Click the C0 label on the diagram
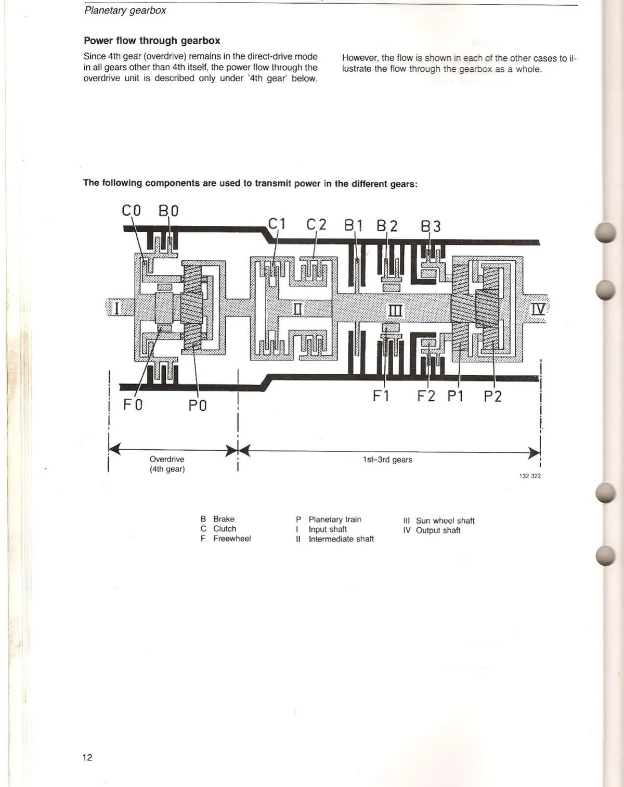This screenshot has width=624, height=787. (x=131, y=211)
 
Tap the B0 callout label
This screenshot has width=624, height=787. (x=168, y=211)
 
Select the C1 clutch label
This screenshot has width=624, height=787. (x=277, y=224)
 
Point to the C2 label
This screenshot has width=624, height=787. (x=316, y=224)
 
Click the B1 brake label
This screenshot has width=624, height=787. (x=353, y=226)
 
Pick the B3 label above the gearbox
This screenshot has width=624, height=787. (x=431, y=226)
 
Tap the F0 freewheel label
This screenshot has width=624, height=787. (x=133, y=404)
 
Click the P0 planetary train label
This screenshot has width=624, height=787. (x=198, y=405)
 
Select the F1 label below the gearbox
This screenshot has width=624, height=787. (x=381, y=396)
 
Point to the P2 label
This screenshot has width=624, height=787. (x=493, y=397)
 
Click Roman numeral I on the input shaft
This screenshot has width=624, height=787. (x=116, y=308)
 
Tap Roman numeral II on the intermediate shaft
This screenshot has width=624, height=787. (x=298, y=310)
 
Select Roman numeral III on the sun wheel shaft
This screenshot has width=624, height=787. (x=395, y=311)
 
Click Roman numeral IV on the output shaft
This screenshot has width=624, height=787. (x=538, y=309)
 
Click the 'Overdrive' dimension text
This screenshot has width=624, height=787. (x=167, y=459)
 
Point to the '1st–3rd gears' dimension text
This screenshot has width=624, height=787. (x=387, y=460)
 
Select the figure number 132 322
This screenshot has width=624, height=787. (x=530, y=476)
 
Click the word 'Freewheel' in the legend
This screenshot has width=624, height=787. (x=232, y=539)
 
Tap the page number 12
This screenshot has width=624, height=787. (x=87, y=757)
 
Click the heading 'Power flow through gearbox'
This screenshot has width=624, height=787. (x=152, y=41)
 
